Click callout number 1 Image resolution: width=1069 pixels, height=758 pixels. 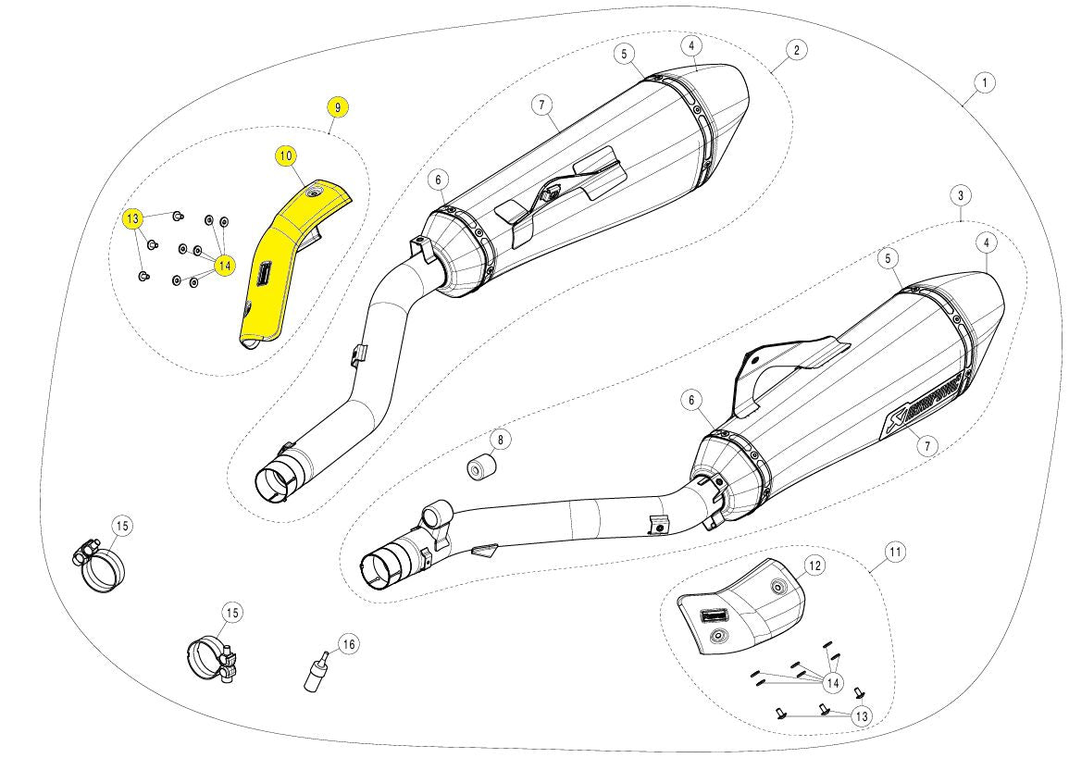coord(985,82)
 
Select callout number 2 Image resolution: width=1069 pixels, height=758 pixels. coord(795,49)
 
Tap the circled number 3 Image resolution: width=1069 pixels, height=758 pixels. coord(961,195)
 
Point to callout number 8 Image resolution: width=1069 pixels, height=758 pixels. coord(498,438)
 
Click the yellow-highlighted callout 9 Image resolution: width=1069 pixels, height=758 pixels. coord(337,107)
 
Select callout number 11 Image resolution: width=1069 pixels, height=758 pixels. coord(894,553)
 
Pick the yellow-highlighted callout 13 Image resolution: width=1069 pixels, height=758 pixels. coord(133,218)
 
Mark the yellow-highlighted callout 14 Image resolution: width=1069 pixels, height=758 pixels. coord(223,266)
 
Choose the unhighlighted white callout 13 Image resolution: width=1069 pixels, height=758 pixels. coord(861,715)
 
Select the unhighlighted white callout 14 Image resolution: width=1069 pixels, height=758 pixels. coord(832,683)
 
